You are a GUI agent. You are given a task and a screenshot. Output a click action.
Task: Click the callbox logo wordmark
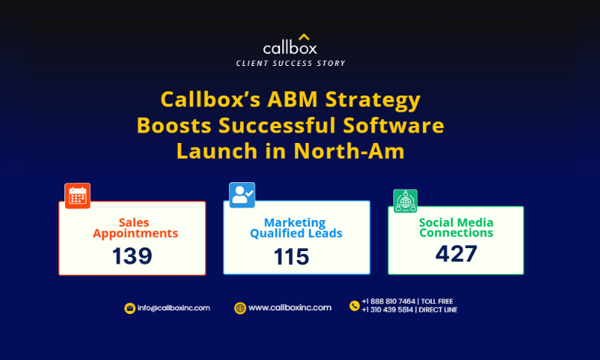[290, 48]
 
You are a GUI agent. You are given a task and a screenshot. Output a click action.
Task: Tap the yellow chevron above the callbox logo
[304, 37]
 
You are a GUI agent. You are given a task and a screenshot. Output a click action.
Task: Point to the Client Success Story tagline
[290, 64]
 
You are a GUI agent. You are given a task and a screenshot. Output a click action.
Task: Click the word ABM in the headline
[293, 99]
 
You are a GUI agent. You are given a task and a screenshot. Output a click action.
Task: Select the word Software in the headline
[393, 125]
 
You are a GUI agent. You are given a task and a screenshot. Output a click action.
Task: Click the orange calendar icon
[78, 196]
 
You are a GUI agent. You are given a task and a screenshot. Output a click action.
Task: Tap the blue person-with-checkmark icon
[241, 195]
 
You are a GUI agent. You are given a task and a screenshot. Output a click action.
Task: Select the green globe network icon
[405, 201]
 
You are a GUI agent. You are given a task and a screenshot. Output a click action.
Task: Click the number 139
[132, 256]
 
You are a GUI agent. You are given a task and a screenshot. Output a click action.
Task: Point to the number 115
[291, 257]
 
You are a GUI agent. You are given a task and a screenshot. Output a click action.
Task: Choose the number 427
[456, 253]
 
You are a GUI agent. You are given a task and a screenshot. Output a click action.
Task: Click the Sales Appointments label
[135, 228]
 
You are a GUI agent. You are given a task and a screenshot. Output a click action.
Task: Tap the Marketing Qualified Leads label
[296, 228]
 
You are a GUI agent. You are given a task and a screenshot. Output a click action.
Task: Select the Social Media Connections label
[456, 227]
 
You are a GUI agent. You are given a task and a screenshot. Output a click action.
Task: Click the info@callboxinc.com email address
[174, 308]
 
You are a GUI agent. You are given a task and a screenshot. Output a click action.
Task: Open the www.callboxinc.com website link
[290, 307]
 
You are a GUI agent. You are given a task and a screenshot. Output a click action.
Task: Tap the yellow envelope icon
[130, 308]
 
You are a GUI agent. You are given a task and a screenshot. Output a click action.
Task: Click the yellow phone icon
[354, 306]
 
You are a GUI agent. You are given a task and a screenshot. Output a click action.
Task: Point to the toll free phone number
[407, 301]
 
